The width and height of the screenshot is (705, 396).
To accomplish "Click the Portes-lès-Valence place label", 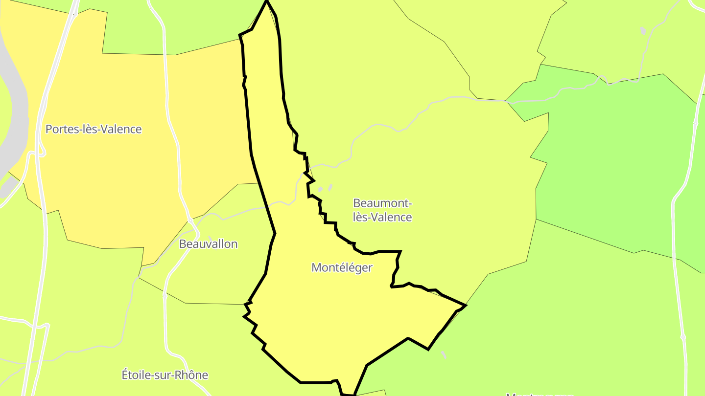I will tap(94, 129).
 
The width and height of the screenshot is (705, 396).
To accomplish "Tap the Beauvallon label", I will tap(208, 243).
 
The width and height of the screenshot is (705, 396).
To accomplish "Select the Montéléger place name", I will tap(342, 267).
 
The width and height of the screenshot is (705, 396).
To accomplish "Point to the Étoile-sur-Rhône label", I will tap(164, 375).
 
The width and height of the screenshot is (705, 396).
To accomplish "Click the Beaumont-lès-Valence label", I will tap(382, 210).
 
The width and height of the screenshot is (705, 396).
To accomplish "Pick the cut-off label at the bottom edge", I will tap(539, 394).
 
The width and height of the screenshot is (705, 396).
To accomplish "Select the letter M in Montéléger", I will tap(316, 267).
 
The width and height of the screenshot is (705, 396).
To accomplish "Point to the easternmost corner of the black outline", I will tap(466, 306).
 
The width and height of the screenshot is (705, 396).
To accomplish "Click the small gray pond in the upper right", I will tap(643, 31).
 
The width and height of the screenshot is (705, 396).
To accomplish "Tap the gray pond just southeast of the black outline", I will tap(444, 354).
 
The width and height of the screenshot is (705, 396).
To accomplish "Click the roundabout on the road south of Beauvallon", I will tap(165, 296).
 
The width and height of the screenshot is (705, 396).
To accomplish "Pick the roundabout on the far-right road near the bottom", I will tap(683, 337).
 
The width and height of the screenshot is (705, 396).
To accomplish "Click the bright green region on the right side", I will tap(612, 161).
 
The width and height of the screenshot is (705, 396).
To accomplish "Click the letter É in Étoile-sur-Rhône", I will tap(125, 375).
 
